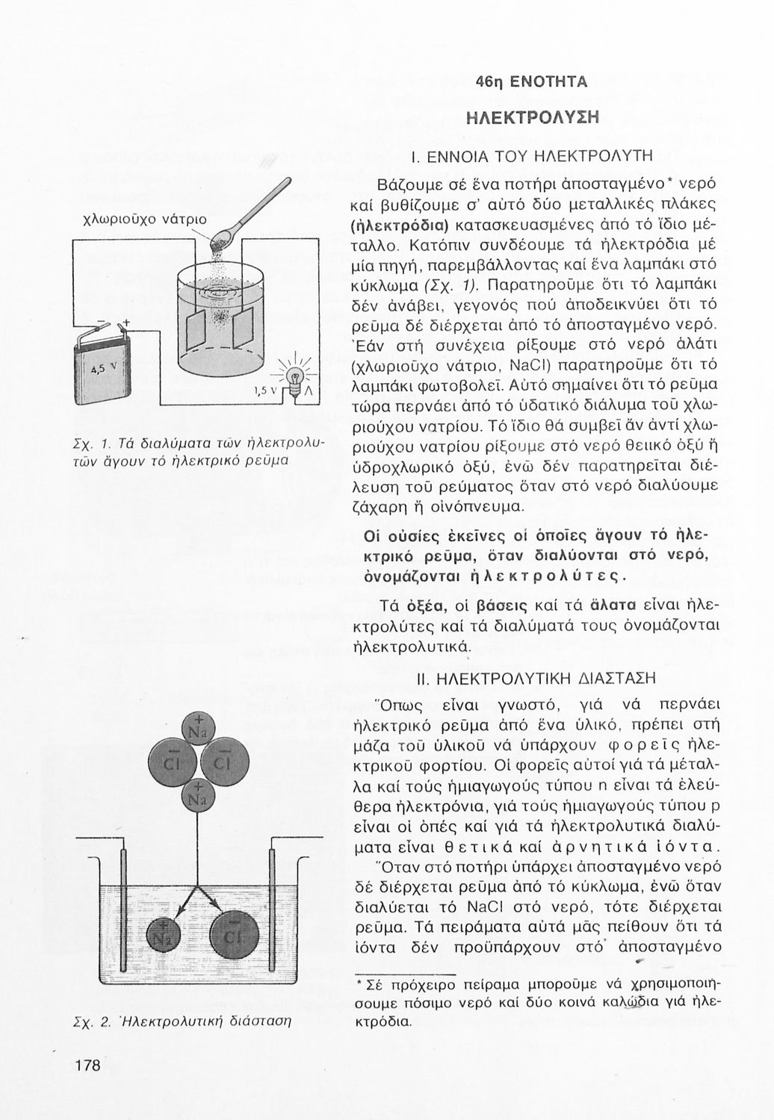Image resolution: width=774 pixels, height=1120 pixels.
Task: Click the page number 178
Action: pyautogui.click(x=87, y=1065)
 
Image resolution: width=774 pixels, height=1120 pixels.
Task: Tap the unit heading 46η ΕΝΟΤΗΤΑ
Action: pyautogui.click(x=532, y=83)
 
